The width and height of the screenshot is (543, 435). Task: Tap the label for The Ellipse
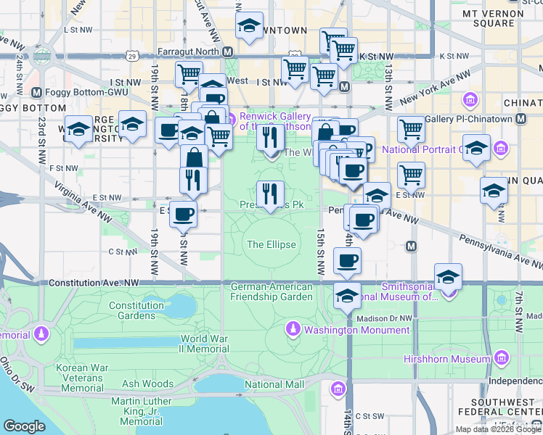[x=271, y=244]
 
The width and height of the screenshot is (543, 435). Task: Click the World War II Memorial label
[x=205, y=344]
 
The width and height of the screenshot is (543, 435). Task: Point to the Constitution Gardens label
[x=136, y=310]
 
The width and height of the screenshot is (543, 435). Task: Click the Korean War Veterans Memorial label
[x=83, y=378]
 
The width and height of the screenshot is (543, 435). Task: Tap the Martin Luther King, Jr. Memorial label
[x=142, y=411]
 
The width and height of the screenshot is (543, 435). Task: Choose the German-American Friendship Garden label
[x=271, y=291]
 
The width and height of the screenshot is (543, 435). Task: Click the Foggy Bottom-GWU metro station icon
[x=38, y=93]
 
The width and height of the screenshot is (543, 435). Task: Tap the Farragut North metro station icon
[x=227, y=52]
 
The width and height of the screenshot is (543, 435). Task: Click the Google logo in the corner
[x=24, y=426]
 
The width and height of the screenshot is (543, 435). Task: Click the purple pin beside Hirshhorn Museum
[x=500, y=358]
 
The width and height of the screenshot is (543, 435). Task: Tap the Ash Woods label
[x=147, y=384]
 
